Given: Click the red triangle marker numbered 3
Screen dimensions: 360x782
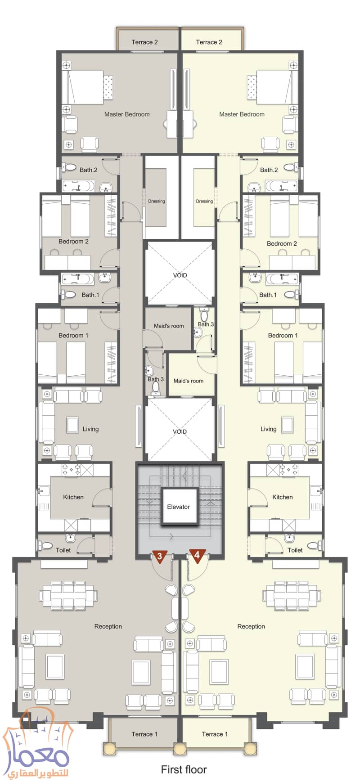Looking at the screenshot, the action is pyautogui.click(x=160, y=556).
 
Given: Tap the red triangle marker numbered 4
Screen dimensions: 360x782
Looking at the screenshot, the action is pyautogui.click(x=197, y=556).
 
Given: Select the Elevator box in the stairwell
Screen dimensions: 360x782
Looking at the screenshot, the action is pyautogui.click(x=179, y=507).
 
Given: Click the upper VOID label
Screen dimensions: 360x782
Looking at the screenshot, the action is pyautogui.click(x=180, y=275).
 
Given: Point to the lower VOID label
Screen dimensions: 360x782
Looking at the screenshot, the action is pyautogui.click(x=180, y=431).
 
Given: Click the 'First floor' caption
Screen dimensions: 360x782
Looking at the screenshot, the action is pyautogui.click(x=184, y=769).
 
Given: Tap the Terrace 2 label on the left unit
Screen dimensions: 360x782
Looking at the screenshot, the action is pyautogui.click(x=144, y=42).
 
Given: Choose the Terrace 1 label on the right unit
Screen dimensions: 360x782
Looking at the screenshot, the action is pyautogui.click(x=215, y=734).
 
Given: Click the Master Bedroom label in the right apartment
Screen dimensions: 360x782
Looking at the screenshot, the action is pyautogui.click(x=242, y=114).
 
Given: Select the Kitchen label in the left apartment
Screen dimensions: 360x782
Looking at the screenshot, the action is pyautogui.click(x=73, y=497).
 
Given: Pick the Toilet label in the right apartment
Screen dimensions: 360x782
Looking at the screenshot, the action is pyautogui.click(x=295, y=550).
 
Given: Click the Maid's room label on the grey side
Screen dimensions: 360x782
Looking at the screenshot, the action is pyautogui.click(x=169, y=326).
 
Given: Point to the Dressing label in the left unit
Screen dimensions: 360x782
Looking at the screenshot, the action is pyautogui.click(x=157, y=201).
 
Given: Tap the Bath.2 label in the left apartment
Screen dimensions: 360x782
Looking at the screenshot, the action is pyautogui.click(x=88, y=170).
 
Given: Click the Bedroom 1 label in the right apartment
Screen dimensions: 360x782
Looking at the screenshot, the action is pyautogui.click(x=283, y=335).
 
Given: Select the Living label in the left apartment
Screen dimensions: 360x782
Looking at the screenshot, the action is pyautogui.click(x=90, y=429).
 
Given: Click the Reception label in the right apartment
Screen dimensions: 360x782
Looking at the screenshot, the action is pyautogui.click(x=251, y=626).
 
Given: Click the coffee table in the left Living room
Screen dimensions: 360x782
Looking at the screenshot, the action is pyautogui.click(x=72, y=424).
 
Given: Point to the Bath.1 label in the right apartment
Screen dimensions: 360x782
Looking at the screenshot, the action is pyautogui.click(x=268, y=295).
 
